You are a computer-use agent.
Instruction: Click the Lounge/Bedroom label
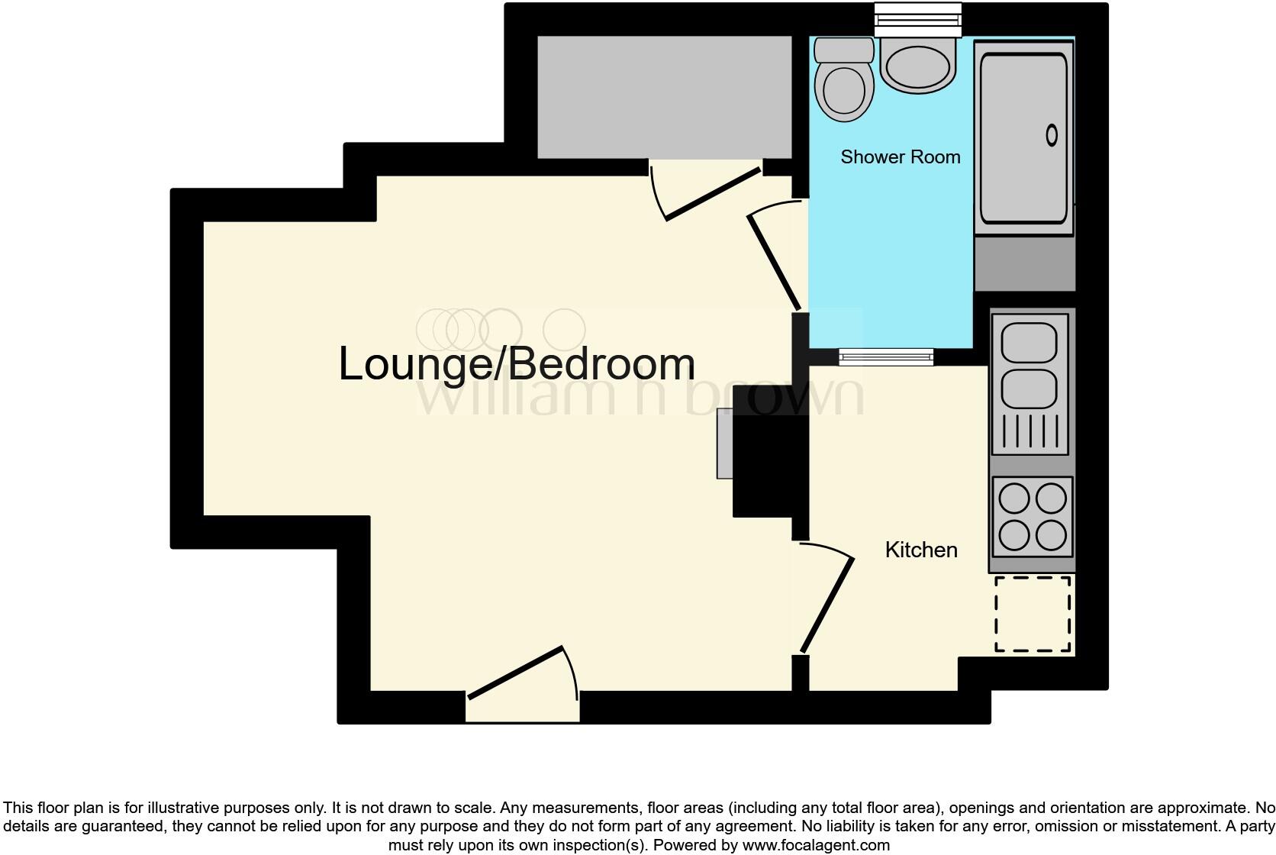pyautogui.click(x=517, y=364)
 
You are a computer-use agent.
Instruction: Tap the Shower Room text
pyautogui.click(x=900, y=157)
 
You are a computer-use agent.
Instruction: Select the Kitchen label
pyautogui.click(x=920, y=550)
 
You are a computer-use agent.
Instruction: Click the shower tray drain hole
pyautogui.click(x=1051, y=136)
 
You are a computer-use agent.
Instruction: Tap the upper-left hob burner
pyautogui.click(x=1013, y=499)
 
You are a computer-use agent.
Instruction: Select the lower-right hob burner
pyautogui.click(x=1050, y=535)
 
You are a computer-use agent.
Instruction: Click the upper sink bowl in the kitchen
pyautogui.click(x=1029, y=341)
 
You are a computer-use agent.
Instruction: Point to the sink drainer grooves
pyautogui.click(x=1029, y=431)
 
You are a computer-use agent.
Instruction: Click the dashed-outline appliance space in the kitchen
pyautogui.click(x=1033, y=615)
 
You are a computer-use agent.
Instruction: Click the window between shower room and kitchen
pyautogui.click(x=885, y=357)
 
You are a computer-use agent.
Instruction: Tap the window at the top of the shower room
pyautogui.click(x=917, y=20)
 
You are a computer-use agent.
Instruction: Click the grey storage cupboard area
pyautogui.click(x=664, y=97)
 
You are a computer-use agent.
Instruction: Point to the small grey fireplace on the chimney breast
pyautogui.click(x=724, y=444)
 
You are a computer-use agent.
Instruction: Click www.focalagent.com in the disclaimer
pyautogui.click(x=816, y=845)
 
